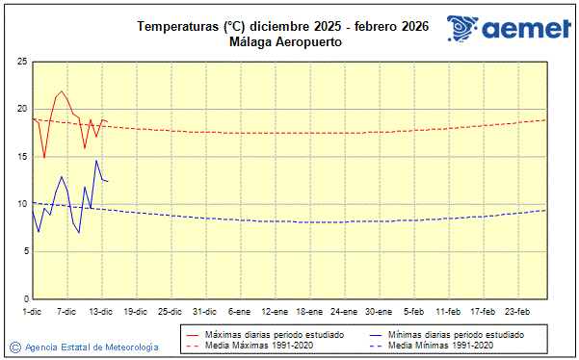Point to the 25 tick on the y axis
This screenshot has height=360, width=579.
click(x=21, y=62)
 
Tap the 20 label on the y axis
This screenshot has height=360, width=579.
click(x=21, y=109)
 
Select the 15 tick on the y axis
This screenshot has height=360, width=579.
click(x=21, y=157)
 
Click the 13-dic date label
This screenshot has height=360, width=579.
click(x=101, y=312)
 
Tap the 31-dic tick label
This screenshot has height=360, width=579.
click(x=204, y=312)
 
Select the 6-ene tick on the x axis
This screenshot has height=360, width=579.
click(x=240, y=312)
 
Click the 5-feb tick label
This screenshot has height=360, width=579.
click(x=414, y=312)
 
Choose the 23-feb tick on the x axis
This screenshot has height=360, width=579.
click(x=518, y=312)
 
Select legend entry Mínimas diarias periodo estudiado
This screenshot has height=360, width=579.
click(x=456, y=334)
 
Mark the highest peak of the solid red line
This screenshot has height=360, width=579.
click(x=62, y=91)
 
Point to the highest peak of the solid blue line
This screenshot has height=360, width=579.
click(x=96, y=161)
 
